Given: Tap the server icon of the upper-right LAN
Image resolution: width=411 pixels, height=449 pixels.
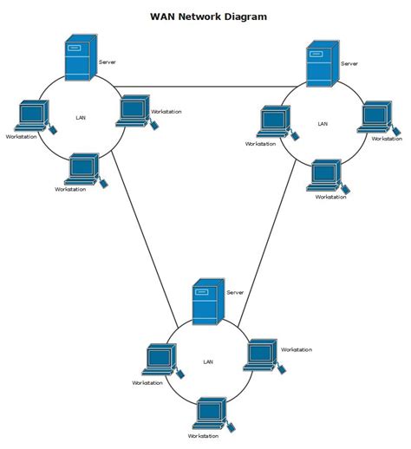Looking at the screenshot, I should click(321, 65).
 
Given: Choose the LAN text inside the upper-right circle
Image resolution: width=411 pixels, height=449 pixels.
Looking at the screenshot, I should click(323, 124).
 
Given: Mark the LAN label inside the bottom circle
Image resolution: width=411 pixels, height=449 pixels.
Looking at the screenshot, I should click(207, 361).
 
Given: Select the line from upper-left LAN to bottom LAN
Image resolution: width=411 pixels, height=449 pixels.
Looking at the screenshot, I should click(139, 234).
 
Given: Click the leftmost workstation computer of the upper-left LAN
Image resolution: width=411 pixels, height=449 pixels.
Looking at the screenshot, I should click(34, 116).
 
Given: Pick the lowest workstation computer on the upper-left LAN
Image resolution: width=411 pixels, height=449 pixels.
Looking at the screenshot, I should click(84, 168).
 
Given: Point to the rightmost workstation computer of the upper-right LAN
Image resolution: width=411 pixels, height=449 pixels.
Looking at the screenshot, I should click(375, 117).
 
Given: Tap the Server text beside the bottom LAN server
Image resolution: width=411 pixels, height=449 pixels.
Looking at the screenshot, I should click(235, 293).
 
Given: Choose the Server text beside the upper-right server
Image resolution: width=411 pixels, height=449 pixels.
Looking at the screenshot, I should click(349, 63).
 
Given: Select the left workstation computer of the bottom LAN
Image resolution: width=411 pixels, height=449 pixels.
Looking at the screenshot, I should click(160, 359).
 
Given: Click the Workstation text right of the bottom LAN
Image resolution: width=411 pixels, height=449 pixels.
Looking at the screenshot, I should click(296, 349).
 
